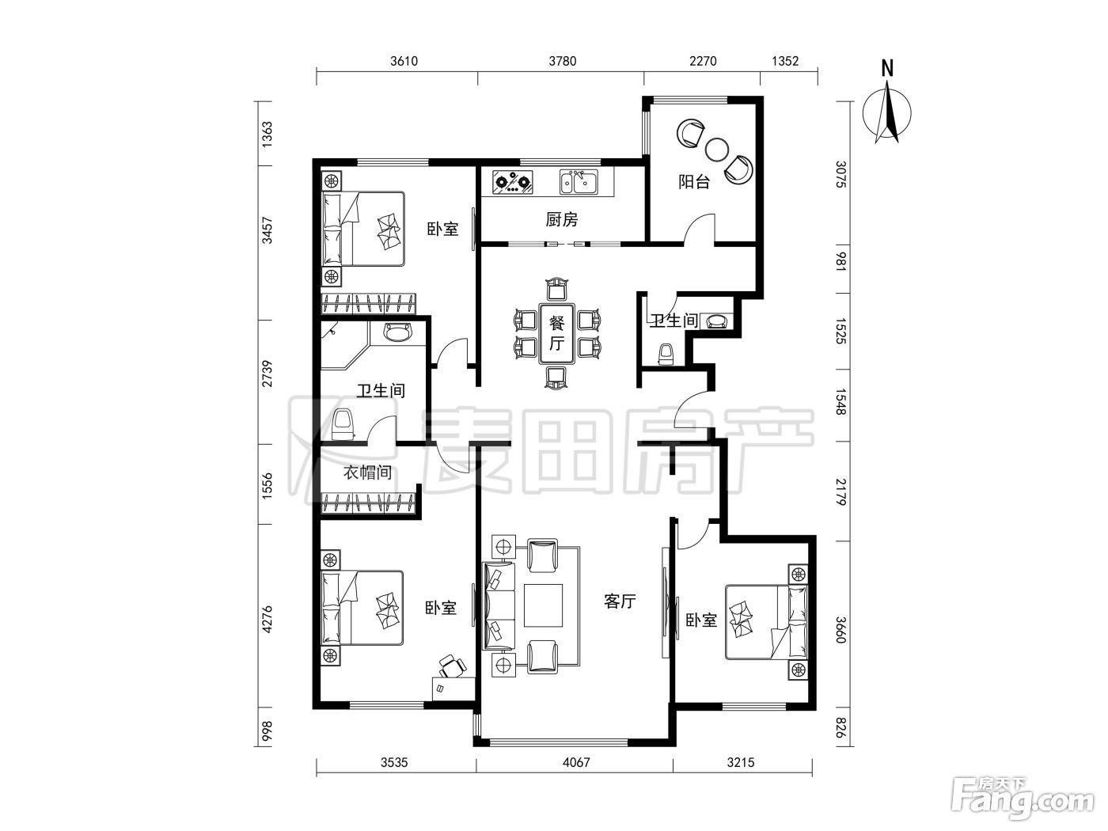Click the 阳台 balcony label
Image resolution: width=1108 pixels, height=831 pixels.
point(693,182)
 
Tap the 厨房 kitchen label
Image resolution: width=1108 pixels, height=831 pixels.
point(562,219)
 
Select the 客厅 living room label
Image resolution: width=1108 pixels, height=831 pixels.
point(620,601)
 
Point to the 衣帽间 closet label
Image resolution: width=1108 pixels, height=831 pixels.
point(367,472)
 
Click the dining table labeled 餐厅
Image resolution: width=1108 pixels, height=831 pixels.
point(557,333)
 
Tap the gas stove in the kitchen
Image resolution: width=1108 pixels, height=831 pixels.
point(513,182)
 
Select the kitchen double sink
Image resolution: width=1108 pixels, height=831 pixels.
point(579,182)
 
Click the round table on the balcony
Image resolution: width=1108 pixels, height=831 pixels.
point(715,150)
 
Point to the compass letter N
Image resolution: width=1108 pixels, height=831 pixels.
point(887,68)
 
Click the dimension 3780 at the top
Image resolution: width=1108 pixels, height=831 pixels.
point(563,61)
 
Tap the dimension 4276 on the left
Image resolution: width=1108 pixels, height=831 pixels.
point(267,620)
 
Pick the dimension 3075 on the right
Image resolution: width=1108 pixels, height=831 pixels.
point(840,174)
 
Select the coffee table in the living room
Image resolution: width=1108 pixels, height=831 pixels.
point(543,605)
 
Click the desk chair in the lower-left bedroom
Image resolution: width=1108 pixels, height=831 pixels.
point(451,666)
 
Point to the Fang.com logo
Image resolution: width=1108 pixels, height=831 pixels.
point(1022,799)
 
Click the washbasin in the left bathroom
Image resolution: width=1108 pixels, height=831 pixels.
point(398,332)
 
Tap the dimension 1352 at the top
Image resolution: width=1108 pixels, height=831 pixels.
point(785,61)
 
